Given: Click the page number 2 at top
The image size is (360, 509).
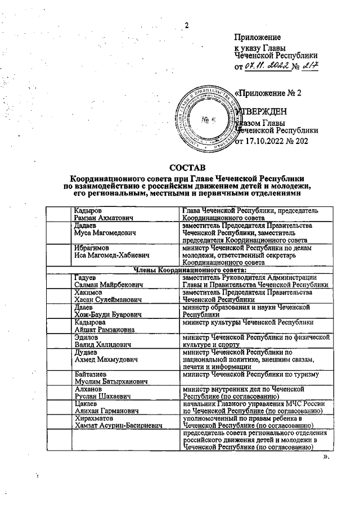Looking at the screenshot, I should pyautogui.click(x=187, y=25).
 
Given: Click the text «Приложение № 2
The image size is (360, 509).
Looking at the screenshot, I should pyautogui.click(x=268, y=93).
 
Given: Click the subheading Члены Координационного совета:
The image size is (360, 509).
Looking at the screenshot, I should pyautogui.click(x=186, y=269).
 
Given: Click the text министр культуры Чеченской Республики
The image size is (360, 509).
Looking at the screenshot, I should pyautogui.click(x=254, y=322).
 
